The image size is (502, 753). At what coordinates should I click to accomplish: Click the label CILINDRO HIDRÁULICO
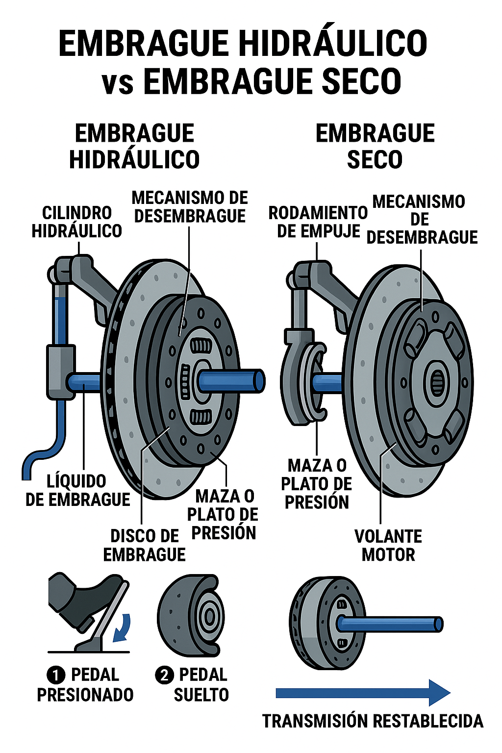pyautogui.click(x=76, y=222)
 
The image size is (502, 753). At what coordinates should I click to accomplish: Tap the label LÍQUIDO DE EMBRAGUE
pyautogui.click(x=77, y=490)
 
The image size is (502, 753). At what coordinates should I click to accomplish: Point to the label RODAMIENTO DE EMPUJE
pyautogui.click(x=318, y=222)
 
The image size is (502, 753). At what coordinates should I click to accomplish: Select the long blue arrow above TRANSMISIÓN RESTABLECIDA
pyautogui.click(x=363, y=693)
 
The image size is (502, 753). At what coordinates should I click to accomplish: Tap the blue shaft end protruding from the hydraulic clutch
pyautogui.click(x=259, y=380)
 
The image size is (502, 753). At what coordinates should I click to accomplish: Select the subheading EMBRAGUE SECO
pyautogui.click(x=375, y=146)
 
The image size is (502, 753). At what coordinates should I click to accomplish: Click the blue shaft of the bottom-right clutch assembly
pyautogui.click(x=390, y=624)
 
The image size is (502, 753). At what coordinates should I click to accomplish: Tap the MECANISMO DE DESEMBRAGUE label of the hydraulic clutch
pyautogui.click(x=190, y=207)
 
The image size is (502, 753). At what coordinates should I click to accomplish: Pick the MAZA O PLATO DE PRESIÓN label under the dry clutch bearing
pyautogui.click(x=317, y=484)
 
